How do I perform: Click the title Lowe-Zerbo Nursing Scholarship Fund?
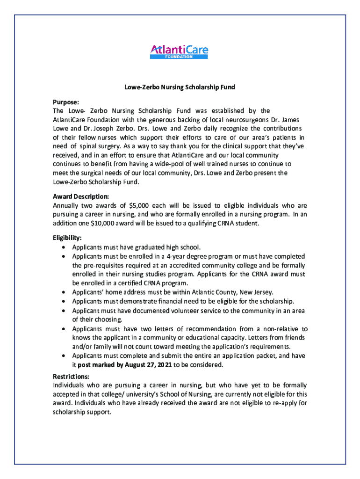[x=179, y=87]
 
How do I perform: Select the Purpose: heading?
[x=65, y=102]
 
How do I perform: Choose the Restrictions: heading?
[x=71, y=376]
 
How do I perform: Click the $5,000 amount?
[x=135, y=205]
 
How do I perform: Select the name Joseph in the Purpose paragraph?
[x=101, y=129]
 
